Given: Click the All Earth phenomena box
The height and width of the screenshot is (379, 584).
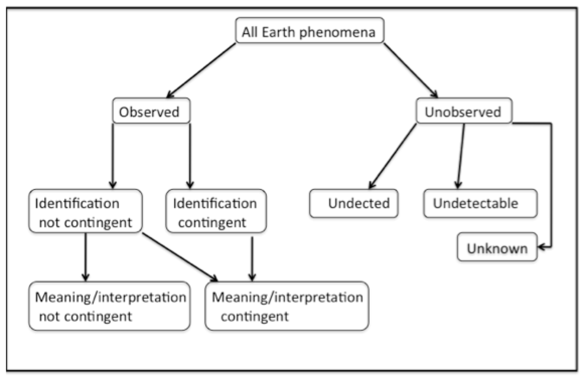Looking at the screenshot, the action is click(x=310, y=31).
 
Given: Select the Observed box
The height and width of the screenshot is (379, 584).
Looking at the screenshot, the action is click(x=151, y=111).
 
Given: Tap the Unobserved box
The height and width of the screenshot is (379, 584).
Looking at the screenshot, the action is click(x=464, y=111).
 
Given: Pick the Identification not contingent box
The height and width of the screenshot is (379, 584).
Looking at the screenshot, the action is click(x=86, y=211).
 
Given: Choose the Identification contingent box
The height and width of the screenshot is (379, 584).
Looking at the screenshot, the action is click(x=216, y=211).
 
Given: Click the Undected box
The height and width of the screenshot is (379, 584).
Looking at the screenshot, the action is click(x=354, y=204).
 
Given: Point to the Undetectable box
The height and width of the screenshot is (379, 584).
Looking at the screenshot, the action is click(x=480, y=204).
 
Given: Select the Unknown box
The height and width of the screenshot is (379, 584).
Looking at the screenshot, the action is click(x=497, y=247).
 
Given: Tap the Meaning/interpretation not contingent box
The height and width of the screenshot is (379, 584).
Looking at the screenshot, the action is click(x=110, y=306).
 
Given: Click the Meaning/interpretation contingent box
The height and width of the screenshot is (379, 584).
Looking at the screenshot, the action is click(x=287, y=306).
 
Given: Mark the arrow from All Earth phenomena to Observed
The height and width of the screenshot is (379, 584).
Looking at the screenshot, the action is click(x=201, y=70).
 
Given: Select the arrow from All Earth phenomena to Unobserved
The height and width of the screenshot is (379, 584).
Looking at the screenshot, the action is click(x=411, y=70).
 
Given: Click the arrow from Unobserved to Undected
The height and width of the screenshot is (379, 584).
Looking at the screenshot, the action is click(x=393, y=156).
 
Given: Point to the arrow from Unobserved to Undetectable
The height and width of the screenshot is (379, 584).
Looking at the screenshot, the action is click(x=461, y=156).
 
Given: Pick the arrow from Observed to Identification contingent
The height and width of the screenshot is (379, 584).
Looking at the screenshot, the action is click(x=190, y=156).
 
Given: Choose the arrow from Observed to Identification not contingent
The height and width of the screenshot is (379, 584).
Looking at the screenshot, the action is click(x=112, y=156).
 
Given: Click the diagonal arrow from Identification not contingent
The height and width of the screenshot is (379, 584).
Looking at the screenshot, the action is click(x=180, y=257).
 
